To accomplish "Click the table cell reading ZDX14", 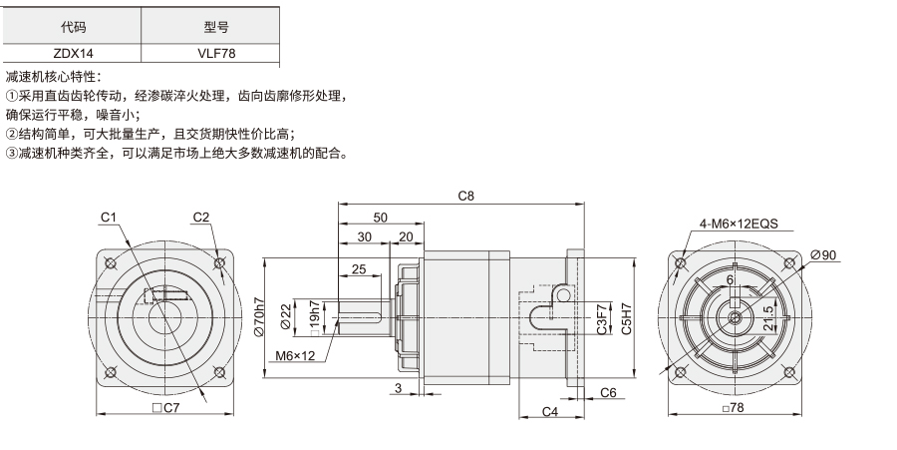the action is pyautogui.click(x=73, y=53).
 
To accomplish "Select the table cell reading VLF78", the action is pyautogui.click(x=216, y=53).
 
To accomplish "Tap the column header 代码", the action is pyautogui.click(x=73, y=26).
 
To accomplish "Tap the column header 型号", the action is pyautogui.click(x=216, y=26).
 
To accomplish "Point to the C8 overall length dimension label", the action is pyautogui.click(x=466, y=196).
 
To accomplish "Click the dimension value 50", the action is pyautogui.click(x=380, y=218).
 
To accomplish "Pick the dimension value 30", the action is pyautogui.click(x=364, y=236).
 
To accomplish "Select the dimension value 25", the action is pyautogui.click(x=359, y=268).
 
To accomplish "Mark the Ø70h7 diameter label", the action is pyautogui.click(x=259, y=317).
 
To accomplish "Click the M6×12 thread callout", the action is pyautogui.click(x=295, y=355).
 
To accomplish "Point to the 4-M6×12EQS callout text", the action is pyautogui.click(x=739, y=224).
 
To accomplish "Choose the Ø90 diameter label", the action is pyautogui.click(x=824, y=254).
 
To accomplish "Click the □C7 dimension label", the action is pyautogui.click(x=165, y=408).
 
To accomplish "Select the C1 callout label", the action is pyautogui.click(x=109, y=217).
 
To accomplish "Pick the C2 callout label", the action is pyautogui.click(x=200, y=217).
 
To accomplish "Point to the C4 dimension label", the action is pyautogui.click(x=550, y=411).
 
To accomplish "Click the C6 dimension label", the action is pyautogui.click(x=608, y=392).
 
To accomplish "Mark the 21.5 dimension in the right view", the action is pyautogui.click(x=767, y=317).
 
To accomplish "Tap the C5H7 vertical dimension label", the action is pyautogui.click(x=627, y=318).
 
